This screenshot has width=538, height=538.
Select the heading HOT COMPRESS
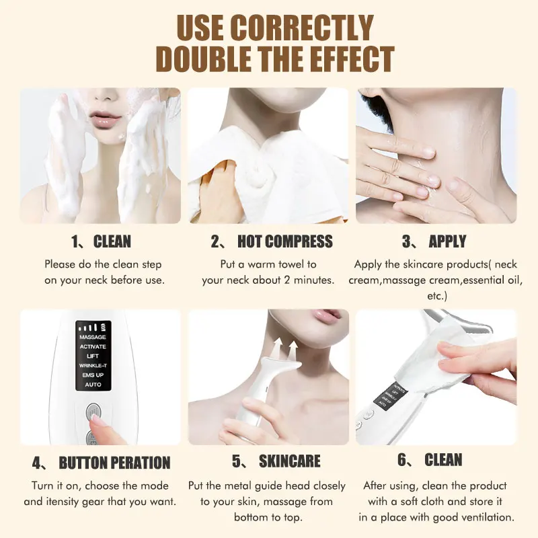(284, 241)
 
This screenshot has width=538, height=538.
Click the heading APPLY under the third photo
(447, 241)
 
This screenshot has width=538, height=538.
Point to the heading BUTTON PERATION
(114, 463)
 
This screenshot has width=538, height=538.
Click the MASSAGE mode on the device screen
(93, 337)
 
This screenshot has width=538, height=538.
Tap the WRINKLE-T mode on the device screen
(93, 365)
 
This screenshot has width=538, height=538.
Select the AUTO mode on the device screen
(93, 384)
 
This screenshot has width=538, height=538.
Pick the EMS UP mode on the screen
(93, 375)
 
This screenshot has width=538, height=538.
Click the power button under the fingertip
(93, 412)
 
